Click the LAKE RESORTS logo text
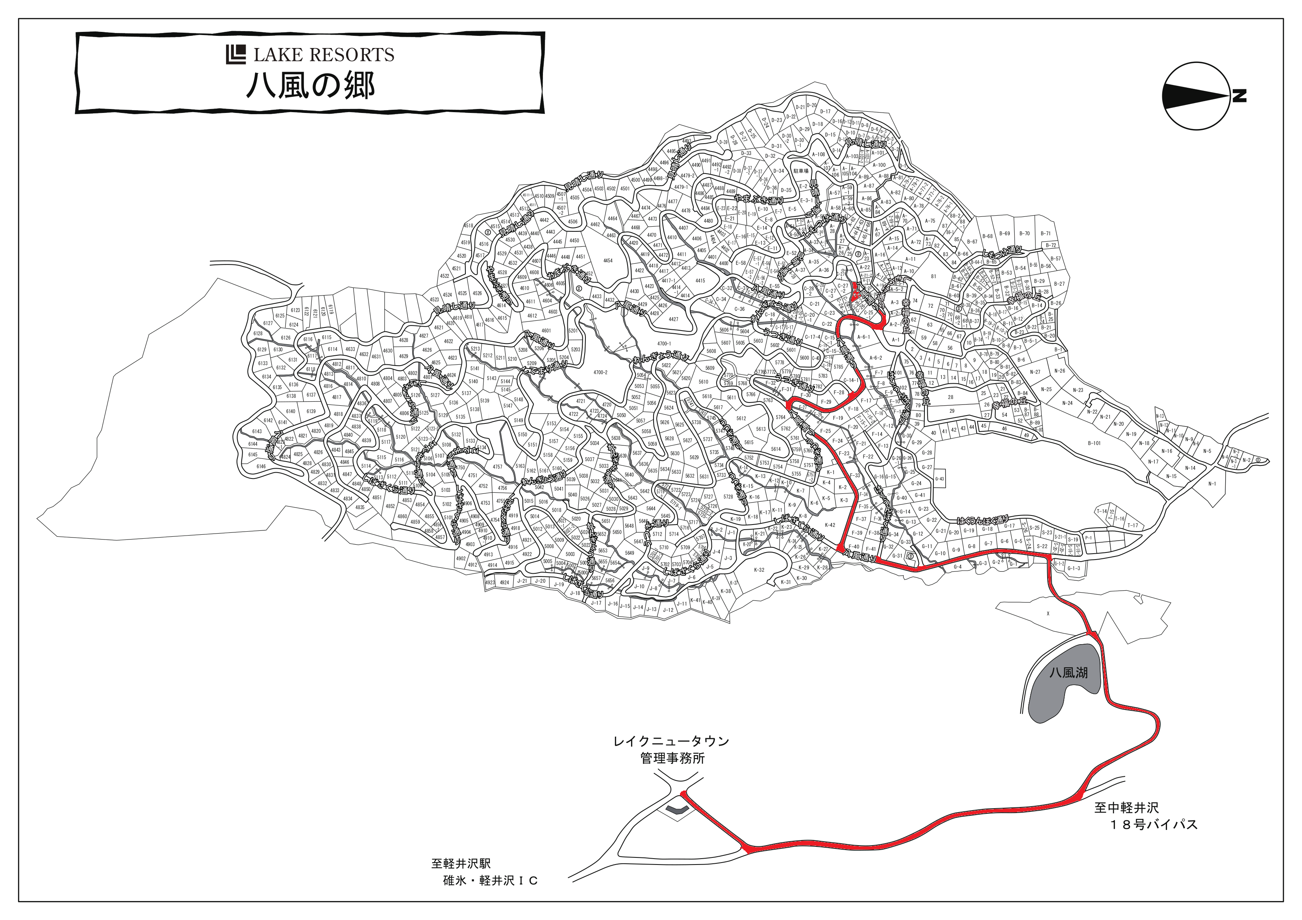[x=323, y=54]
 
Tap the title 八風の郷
[x=310, y=86]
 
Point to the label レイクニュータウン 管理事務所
[x=671, y=749]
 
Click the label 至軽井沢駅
[x=461, y=864]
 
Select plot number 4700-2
[x=600, y=372]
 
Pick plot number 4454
[x=607, y=261]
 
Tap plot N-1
[x=1212, y=484]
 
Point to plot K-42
[x=830, y=525]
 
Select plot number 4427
[x=673, y=319]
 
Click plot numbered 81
[x=933, y=277]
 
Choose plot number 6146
[x=261, y=467]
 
